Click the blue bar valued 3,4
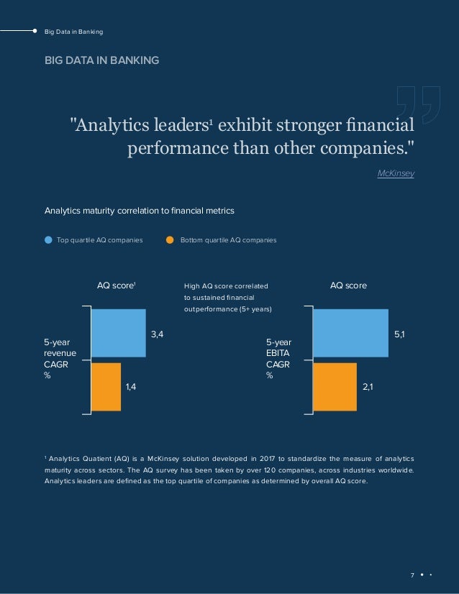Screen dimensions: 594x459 pos(119,333)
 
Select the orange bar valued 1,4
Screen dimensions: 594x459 pos(106,386)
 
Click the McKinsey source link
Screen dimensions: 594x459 pos(396,174)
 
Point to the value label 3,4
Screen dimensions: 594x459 pos(157,334)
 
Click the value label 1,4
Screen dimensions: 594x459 pos(131,387)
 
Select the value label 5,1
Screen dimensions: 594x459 pos(399,334)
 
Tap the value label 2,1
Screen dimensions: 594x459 pos(367,387)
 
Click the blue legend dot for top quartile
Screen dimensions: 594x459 pos(48,239)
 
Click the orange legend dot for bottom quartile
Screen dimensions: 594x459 pos(171,239)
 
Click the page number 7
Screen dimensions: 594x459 pos(412,575)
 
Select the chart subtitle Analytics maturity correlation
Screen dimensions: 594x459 pos(140,211)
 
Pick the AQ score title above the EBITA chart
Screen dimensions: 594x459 pos(348,285)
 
